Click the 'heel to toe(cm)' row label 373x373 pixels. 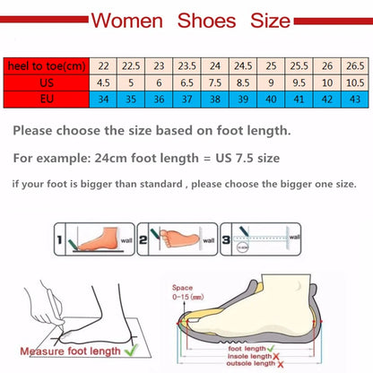click(47, 65)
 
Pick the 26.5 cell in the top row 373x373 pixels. click(355, 65)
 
